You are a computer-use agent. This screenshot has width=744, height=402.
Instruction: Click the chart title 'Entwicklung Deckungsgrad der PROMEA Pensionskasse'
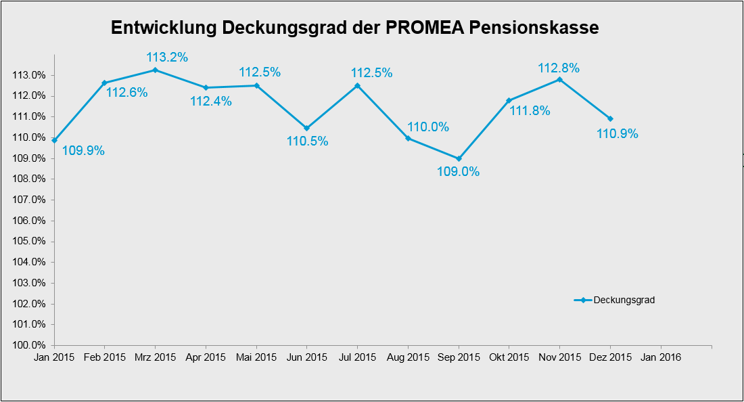click(354, 28)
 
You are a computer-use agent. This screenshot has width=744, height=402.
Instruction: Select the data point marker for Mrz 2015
click(155, 70)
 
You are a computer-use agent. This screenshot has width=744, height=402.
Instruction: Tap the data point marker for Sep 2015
click(459, 159)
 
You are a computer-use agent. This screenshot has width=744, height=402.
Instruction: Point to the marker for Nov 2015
click(559, 79)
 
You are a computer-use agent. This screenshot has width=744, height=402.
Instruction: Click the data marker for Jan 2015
click(54, 140)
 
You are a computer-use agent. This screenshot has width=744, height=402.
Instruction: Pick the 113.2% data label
click(167, 58)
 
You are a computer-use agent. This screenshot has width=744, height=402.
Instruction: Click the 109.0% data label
click(458, 172)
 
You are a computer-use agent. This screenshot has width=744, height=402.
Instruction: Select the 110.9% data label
click(617, 134)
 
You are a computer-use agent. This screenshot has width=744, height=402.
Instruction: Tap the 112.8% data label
click(559, 68)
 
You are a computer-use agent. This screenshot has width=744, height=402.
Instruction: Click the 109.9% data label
click(83, 151)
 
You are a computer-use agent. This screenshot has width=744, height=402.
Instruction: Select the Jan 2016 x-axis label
click(661, 357)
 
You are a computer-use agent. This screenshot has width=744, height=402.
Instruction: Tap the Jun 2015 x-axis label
click(306, 357)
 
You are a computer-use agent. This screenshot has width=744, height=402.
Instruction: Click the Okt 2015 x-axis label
click(509, 357)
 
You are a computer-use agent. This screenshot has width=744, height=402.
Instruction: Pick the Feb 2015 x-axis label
click(104, 357)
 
